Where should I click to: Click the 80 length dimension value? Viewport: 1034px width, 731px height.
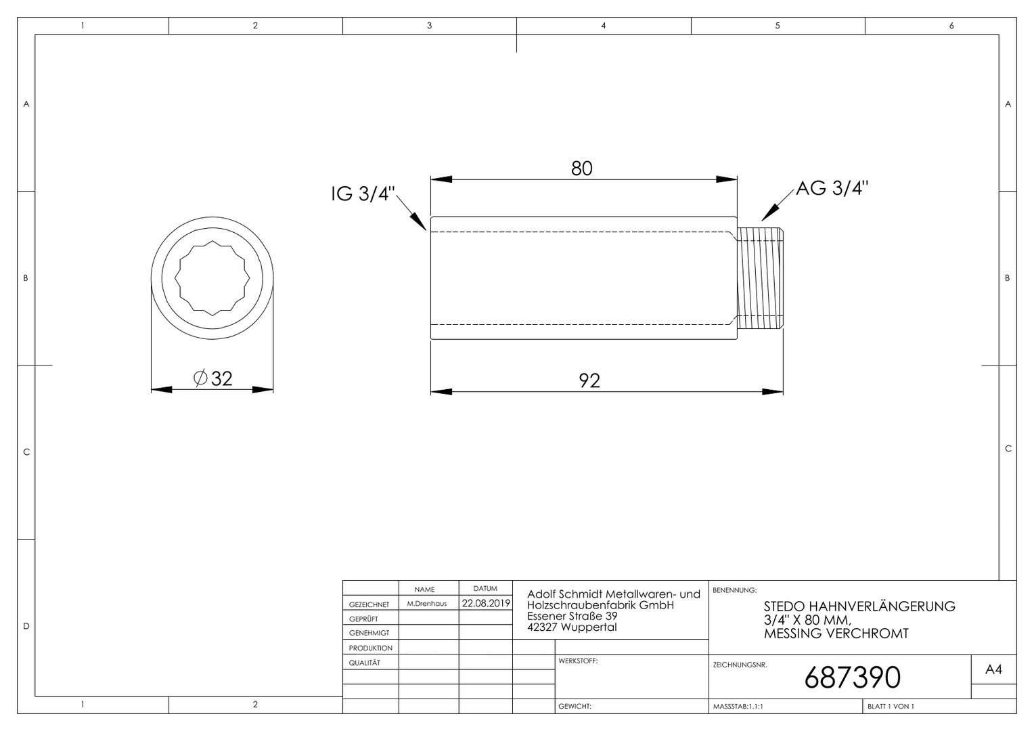point(581,169)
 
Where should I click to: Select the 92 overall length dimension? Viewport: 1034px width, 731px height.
point(589,381)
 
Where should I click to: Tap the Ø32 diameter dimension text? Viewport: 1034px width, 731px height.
point(212,378)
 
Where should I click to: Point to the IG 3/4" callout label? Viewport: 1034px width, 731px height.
point(363,194)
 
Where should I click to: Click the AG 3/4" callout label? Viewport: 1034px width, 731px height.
point(832,188)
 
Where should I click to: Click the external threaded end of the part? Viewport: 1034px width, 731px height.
point(760,278)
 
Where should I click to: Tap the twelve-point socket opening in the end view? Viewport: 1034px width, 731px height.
point(212,278)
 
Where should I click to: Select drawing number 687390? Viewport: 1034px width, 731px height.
point(852,678)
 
